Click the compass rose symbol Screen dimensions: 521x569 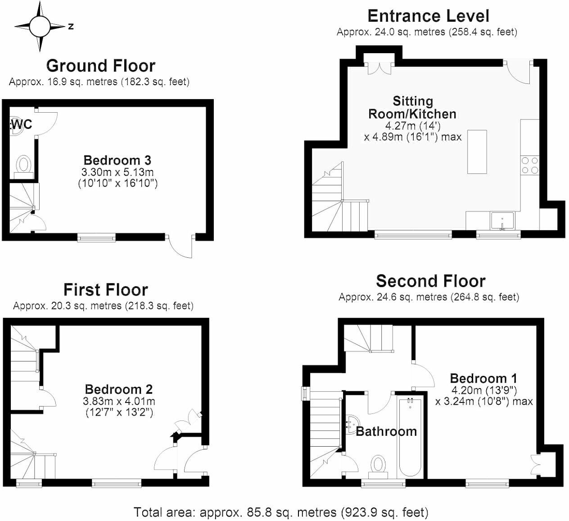[x=39, y=26]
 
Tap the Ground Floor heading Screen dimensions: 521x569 [x=101, y=66]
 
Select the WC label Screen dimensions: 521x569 [x=22, y=124]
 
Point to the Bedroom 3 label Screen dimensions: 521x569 [x=117, y=160]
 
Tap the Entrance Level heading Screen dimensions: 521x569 [x=428, y=16]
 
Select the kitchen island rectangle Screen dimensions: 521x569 [x=477, y=152]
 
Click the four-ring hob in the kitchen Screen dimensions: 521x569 [x=529, y=165]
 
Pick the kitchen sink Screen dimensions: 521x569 [x=503, y=221]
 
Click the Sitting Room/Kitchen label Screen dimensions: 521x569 [x=412, y=107]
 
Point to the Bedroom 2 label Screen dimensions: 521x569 [x=119, y=389]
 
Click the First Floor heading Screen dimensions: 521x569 [x=105, y=289]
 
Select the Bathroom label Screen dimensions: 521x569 [x=386, y=431]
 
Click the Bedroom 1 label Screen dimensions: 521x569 [x=483, y=378]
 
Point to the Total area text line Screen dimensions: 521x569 [x=281, y=512]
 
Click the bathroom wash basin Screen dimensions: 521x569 [x=350, y=425]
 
